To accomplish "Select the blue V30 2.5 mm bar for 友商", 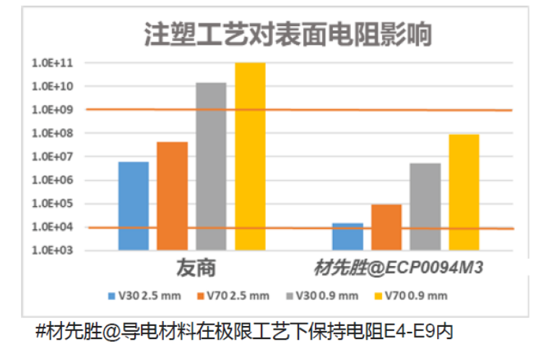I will point(134,206).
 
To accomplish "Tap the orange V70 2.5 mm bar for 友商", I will point(172,196).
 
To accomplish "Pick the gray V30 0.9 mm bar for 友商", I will point(211,166).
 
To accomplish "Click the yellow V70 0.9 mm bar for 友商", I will point(250,156).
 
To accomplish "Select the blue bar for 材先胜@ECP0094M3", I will point(347,236).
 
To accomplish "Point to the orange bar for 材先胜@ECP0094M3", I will point(386,227).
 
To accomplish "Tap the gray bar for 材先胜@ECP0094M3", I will point(425,207).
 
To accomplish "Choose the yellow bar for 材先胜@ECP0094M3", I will point(464,192).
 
